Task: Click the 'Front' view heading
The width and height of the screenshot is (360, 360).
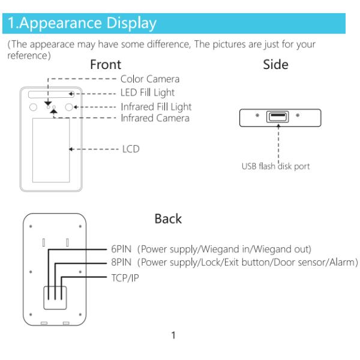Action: tap(106, 64)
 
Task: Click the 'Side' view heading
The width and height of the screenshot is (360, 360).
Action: tap(275, 64)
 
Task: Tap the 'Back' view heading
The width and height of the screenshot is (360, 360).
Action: tap(168, 218)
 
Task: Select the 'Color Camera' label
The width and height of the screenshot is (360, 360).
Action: tap(150, 79)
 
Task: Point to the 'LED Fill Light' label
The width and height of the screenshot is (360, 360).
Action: tap(148, 93)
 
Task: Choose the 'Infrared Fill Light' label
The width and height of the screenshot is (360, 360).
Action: tap(156, 107)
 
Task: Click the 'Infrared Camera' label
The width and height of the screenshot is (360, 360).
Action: tap(155, 118)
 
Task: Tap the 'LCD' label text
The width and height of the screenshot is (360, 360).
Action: tap(131, 149)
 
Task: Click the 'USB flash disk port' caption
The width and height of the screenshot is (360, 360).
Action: tap(275, 166)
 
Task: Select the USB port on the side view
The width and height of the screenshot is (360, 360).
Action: tap(277, 116)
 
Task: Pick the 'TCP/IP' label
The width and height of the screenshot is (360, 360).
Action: tap(125, 278)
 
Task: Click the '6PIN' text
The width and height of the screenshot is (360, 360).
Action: tap(121, 249)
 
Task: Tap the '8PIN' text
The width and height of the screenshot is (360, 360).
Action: tap(121, 262)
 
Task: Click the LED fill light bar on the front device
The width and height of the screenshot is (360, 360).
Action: tap(51, 94)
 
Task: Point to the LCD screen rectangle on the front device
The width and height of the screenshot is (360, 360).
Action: tap(51, 150)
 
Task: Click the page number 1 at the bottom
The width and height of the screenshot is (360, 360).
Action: tap(173, 335)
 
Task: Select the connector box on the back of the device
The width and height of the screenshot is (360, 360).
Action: tap(55, 298)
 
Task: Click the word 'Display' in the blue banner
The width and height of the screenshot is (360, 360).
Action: tap(131, 23)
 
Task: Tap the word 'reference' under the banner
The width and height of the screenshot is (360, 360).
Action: tap(28, 56)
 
